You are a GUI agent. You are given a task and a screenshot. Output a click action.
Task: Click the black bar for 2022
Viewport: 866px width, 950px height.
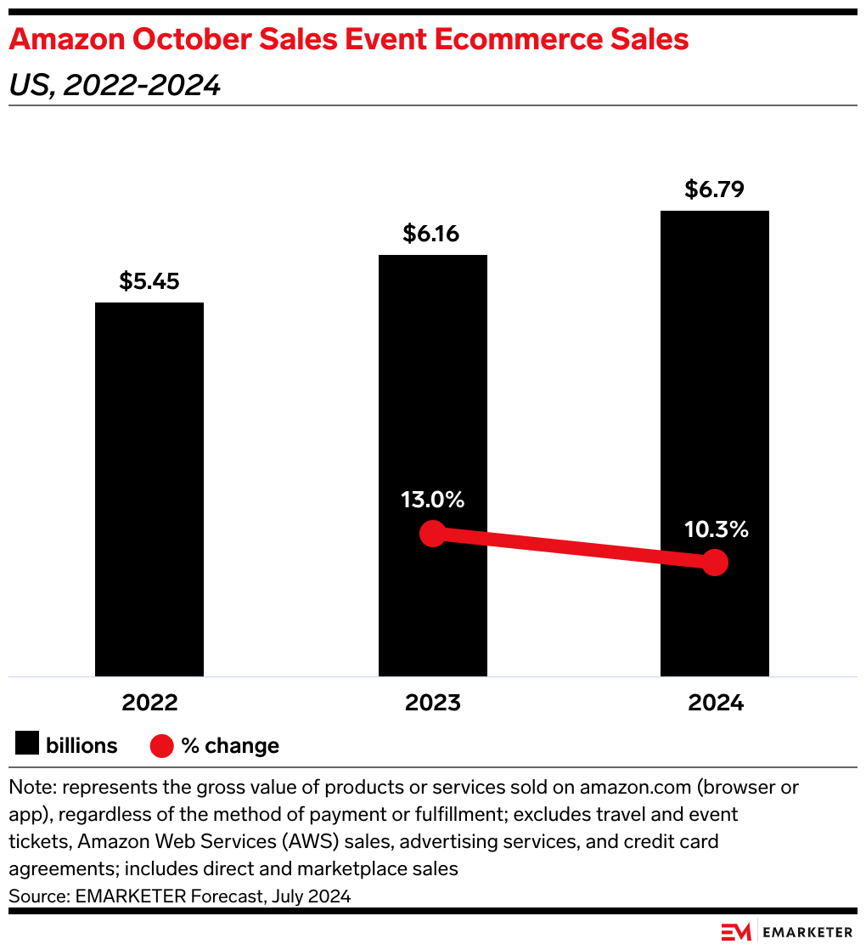pyautogui.click(x=149, y=489)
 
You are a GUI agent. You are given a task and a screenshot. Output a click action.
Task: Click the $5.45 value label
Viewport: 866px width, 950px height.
pyautogui.click(x=149, y=281)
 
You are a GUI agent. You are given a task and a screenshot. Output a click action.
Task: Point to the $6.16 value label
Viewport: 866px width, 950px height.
pyautogui.click(x=431, y=234)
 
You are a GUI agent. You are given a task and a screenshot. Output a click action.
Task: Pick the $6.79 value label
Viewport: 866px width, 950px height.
pyautogui.click(x=715, y=189)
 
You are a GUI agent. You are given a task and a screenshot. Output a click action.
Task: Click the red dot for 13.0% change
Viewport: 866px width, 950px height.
pyautogui.click(x=433, y=534)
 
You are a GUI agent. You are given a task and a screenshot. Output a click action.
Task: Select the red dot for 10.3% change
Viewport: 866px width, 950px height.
pyautogui.click(x=716, y=562)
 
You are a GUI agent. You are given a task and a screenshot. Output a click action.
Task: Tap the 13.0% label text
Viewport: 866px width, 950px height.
pyautogui.click(x=433, y=500)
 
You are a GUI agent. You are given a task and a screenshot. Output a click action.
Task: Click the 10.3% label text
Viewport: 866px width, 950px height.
pyautogui.click(x=717, y=529)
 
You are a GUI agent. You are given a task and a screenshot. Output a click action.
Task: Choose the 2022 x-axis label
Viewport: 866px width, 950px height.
pyautogui.click(x=149, y=704)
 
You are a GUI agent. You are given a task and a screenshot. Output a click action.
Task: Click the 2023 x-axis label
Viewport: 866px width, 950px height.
pyautogui.click(x=432, y=704)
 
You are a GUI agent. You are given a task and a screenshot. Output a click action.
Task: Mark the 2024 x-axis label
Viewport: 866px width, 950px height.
pyautogui.click(x=716, y=704)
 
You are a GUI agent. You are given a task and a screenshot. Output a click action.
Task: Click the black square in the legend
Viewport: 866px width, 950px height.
pyautogui.click(x=27, y=745)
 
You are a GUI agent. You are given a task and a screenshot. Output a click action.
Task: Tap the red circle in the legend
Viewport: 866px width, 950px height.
pyautogui.click(x=161, y=746)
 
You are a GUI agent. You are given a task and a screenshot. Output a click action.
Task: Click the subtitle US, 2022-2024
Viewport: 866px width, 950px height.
pyautogui.click(x=115, y=86)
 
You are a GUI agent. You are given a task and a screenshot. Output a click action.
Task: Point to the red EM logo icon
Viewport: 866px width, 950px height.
pyautogui.click(x=736, y=931)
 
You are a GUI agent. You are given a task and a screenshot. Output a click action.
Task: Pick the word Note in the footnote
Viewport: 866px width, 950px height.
pyautogui.click(x=29, y=787)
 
